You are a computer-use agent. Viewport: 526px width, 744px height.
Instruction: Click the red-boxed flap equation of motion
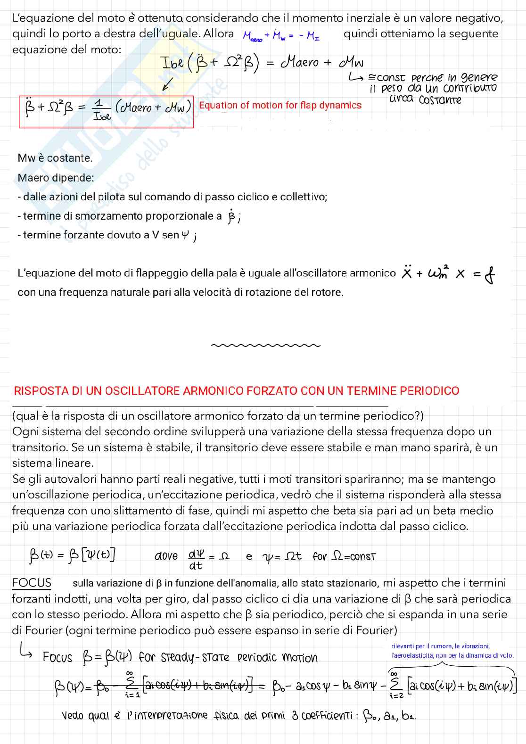click(106, 111)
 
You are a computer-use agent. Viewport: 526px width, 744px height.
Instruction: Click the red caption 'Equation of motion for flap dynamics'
click(280, 105)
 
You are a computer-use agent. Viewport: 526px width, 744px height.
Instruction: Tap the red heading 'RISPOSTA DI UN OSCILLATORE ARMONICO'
click(236, 391)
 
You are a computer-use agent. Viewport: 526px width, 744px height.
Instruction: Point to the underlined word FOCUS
click(32, 583)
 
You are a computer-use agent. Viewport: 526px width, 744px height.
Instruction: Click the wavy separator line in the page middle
click(266, 346)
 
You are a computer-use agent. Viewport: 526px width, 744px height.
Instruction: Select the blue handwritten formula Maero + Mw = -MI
click(281, 35)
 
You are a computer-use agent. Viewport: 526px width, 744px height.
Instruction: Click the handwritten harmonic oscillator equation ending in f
click(448, 273)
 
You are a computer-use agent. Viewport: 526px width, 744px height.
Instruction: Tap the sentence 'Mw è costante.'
click(55, 158)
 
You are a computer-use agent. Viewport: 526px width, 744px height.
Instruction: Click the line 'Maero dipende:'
click(56, 178)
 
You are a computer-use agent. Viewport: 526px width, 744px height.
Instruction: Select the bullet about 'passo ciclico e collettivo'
click(173, 197)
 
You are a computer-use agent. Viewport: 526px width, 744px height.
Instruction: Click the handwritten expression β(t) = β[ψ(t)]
click(72, 555)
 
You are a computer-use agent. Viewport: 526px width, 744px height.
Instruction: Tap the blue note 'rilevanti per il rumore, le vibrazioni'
click(440, 646)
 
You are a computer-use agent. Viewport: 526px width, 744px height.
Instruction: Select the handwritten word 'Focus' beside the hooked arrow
click(58, 657)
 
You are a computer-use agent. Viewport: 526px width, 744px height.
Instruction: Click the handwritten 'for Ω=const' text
click(344, 556)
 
